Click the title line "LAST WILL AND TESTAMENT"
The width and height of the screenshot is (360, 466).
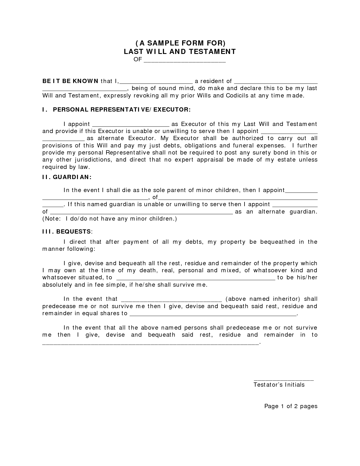180,51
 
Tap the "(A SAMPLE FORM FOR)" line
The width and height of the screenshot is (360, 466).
180,43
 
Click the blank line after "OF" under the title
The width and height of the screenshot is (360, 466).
185,60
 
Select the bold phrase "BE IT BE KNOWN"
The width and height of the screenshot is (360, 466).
70,81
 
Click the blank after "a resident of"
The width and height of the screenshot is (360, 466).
276,82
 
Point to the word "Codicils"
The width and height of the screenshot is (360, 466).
237,95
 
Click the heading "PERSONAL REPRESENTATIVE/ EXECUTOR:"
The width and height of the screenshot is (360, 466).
122,110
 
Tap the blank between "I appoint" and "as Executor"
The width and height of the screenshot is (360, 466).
131,125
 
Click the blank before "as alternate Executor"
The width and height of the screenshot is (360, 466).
64,139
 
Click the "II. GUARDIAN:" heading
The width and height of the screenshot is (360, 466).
67,177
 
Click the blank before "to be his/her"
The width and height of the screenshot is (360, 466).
195,278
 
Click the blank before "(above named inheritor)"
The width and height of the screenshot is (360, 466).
171,300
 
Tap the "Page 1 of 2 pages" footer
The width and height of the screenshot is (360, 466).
291,406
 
